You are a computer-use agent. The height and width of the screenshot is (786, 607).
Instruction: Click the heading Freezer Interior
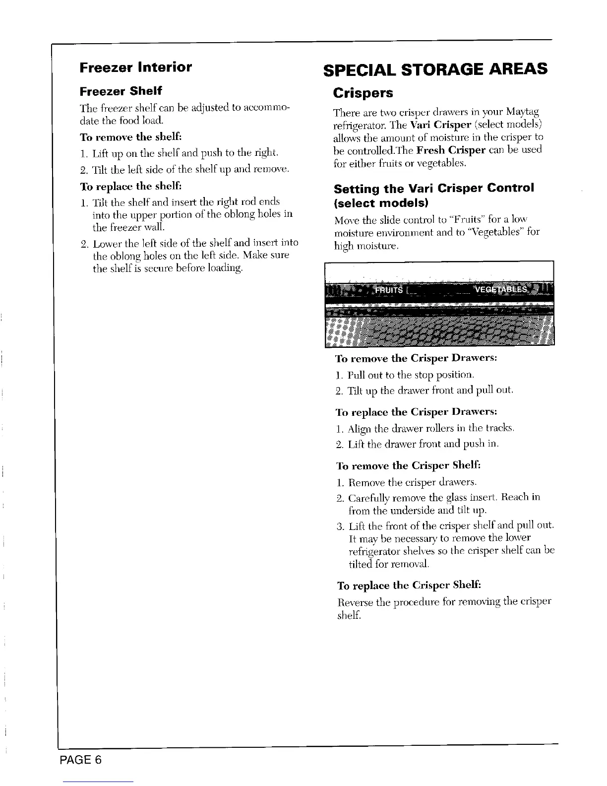tap(135, 67)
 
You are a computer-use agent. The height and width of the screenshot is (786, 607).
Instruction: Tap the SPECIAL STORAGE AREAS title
tap(435, 68)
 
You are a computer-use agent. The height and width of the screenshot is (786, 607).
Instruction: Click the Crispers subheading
tap(363, 93)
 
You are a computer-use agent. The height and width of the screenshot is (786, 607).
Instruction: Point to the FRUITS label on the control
tap(389, 290)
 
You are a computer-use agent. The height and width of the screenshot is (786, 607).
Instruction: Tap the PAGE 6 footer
tap(81, 760)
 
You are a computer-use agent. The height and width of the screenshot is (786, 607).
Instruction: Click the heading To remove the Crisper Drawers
tap(417, 358)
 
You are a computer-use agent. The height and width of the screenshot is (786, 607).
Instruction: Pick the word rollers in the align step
tap(432, 428)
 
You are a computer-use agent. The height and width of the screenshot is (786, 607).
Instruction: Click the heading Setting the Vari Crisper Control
tap(434, 189)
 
